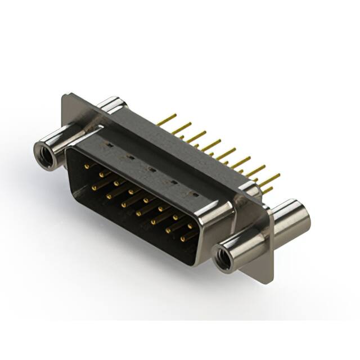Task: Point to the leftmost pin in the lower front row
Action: (95, 184)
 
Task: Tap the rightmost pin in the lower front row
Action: (183, 239)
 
